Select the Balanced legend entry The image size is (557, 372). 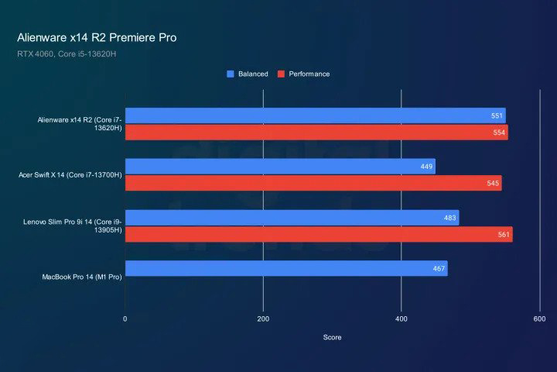tap(248, 74)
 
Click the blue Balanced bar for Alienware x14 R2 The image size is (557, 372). tap(315, 116)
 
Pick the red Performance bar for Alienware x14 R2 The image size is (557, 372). tap(316, 133)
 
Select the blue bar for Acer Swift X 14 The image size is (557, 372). tap(280, 167)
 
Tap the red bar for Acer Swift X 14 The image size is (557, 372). tap(313, 184)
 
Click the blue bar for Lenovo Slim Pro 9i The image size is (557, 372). tap(292, 218)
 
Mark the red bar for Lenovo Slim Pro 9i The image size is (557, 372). tap(319, 234)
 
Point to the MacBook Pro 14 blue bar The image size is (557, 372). tap(286, 269)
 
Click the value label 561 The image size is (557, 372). tap(501, 235)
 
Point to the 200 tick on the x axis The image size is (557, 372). tap(263, 319)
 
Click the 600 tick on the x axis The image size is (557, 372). tap(539, 319)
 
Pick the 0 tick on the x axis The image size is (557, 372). tap(125, 319)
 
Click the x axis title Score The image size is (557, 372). tap(332, 337)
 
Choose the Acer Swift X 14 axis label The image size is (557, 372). tap(70, 175)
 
